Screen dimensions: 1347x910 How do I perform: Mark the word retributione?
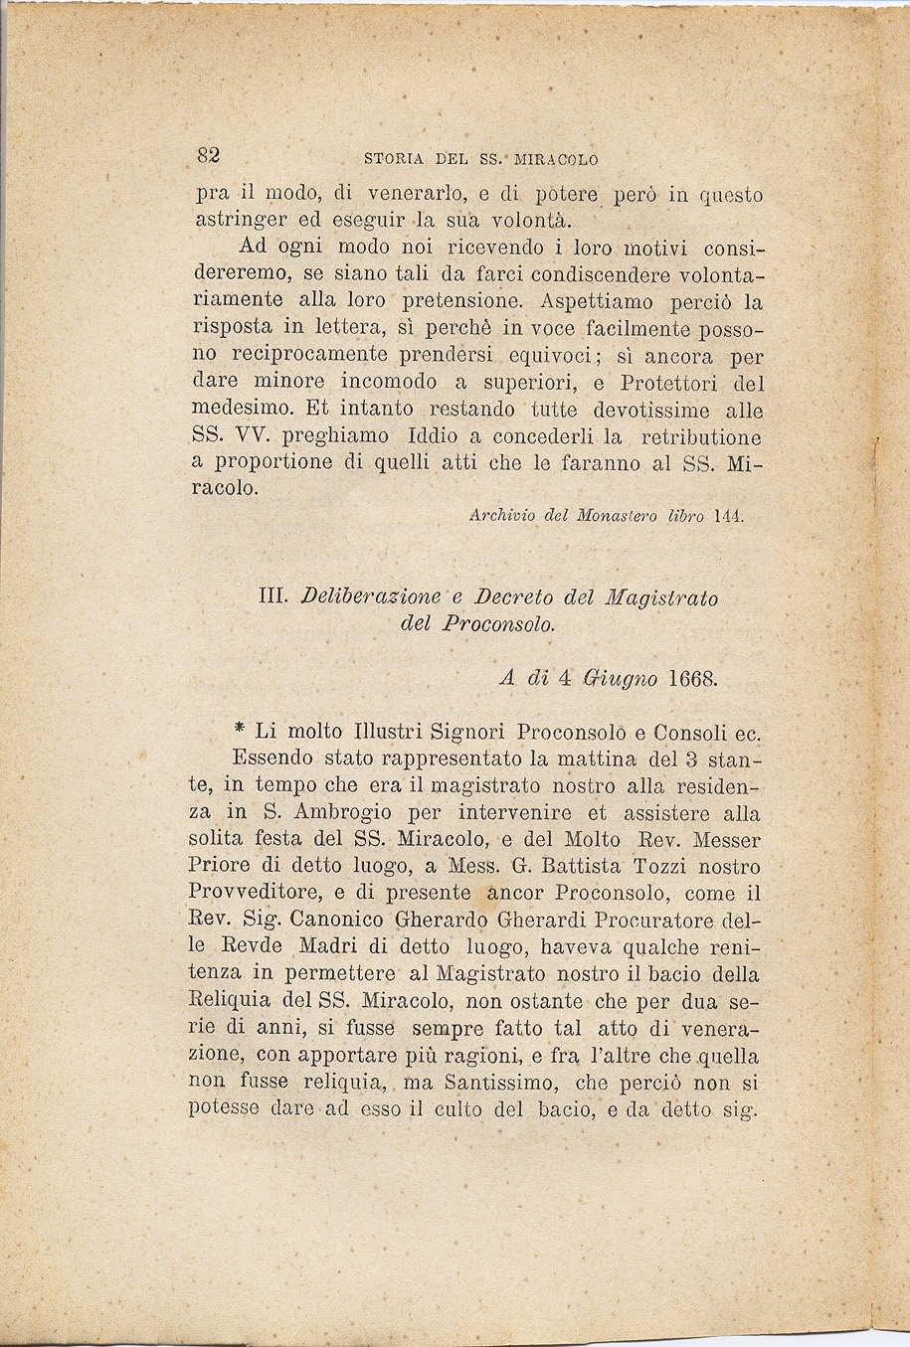point(701,436)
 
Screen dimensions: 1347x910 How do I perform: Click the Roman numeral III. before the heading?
point(273,597)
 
